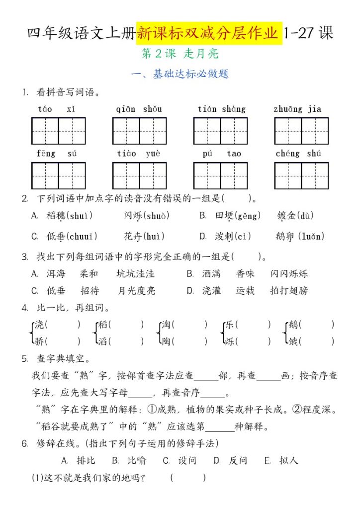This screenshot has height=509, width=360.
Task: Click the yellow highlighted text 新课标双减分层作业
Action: (209, 33)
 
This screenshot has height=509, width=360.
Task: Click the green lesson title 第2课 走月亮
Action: (180, 54)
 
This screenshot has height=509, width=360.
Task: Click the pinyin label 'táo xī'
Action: (57, 109)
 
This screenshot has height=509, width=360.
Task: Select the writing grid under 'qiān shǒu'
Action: (139, 131)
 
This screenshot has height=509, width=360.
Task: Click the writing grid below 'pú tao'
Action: (220, 176)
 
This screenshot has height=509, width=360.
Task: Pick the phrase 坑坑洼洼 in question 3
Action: (135, 274)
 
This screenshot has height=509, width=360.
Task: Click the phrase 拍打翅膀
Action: (289, 291)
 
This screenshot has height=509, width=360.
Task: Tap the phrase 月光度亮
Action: (137, 291)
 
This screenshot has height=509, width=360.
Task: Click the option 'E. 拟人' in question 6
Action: (281, 461)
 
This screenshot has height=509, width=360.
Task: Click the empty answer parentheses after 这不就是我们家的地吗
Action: (187, 478)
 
